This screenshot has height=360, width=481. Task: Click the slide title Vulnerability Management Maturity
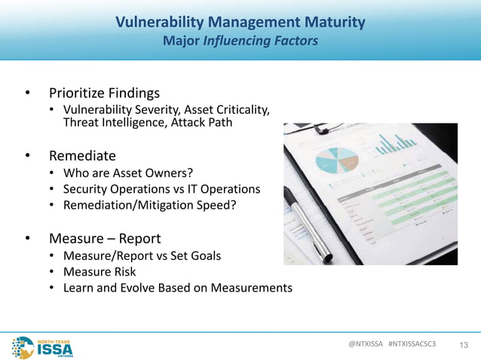[240, 22]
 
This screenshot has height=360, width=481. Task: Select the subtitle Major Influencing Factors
[240, 41]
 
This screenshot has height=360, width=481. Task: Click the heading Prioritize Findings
[104, 93]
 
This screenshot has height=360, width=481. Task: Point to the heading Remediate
[82, 156]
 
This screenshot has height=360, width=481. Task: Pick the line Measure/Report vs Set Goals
[142, 256]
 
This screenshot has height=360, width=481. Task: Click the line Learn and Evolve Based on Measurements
[177, 288]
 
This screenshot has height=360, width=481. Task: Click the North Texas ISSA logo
[41, 346]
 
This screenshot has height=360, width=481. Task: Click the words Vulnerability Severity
[114, 111]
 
